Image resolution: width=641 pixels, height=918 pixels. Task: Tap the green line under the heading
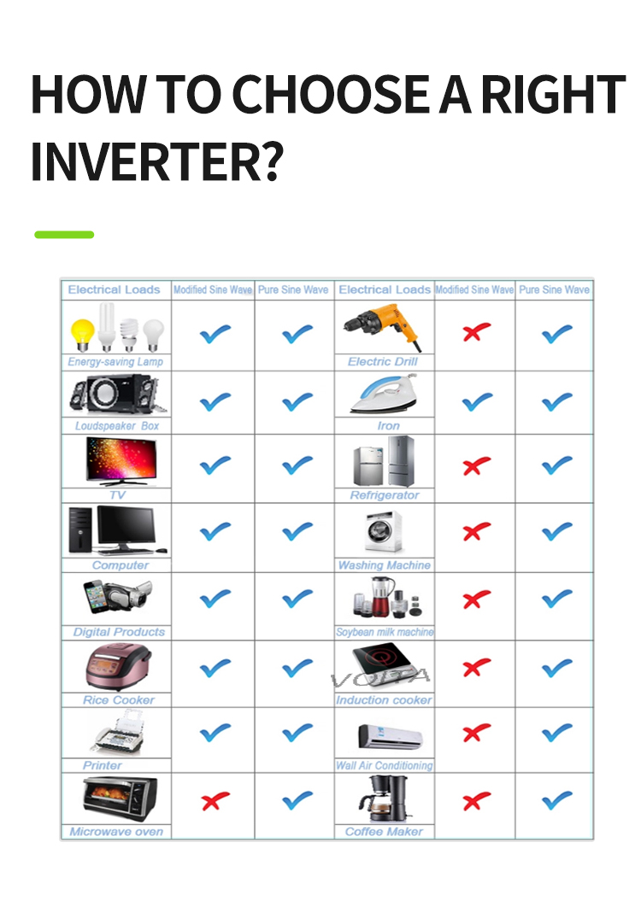coord(64,234)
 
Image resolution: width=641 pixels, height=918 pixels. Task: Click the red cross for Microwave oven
coord(215,801)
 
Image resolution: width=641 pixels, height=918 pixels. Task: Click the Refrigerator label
coord(385,495)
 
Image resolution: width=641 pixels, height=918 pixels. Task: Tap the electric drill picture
coord(383,328)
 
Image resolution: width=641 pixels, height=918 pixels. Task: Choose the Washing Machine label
coord(385,565)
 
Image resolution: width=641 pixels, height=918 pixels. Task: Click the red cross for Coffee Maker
coord(476,801)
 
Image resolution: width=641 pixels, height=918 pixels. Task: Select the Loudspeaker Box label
coord(116,425)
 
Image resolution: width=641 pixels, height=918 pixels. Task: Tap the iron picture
coord(384,395)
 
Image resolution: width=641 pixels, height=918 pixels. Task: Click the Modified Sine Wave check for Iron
coord(476,401)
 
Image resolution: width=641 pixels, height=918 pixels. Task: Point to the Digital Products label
coord(119,632)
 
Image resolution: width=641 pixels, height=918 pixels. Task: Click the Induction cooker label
coord(384,700)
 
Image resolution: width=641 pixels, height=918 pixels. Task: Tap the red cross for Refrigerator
coord(476,466)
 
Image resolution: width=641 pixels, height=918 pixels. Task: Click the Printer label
coord(103,765)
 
